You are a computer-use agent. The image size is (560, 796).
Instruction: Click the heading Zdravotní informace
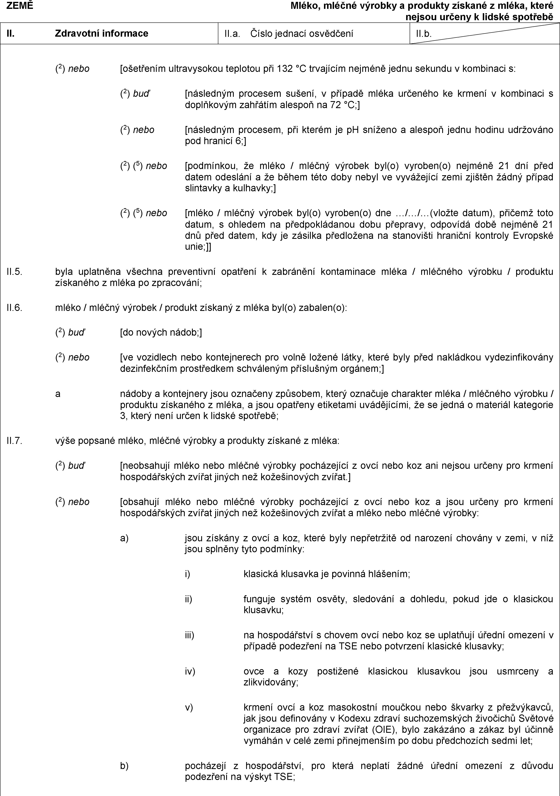[102, 33]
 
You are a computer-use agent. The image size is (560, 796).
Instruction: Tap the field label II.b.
[424, 34]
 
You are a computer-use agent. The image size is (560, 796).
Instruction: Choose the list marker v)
[189, 707]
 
